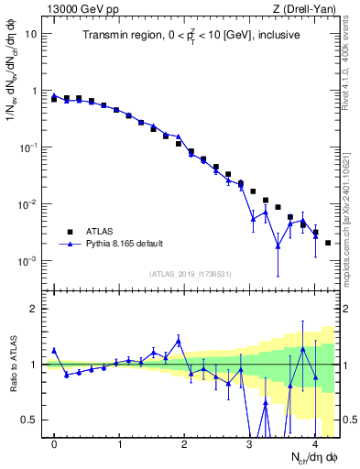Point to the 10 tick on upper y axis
31,34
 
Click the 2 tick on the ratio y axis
34,309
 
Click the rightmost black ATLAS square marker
328,243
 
